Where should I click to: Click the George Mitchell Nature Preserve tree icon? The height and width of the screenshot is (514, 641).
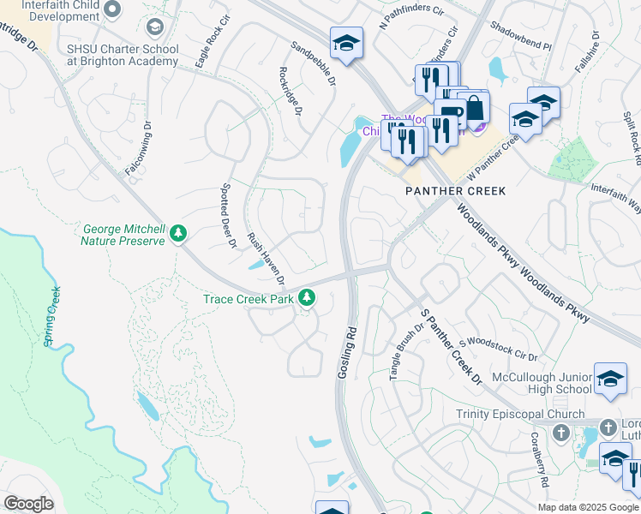178,233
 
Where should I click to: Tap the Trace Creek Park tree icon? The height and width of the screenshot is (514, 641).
306,298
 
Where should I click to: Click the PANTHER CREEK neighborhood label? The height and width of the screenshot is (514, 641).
455,191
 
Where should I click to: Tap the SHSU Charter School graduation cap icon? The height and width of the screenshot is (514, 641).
154,27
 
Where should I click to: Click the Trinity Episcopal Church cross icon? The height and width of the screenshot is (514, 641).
561,431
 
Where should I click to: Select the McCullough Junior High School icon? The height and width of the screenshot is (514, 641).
609,380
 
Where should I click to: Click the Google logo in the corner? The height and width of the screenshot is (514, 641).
28,504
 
